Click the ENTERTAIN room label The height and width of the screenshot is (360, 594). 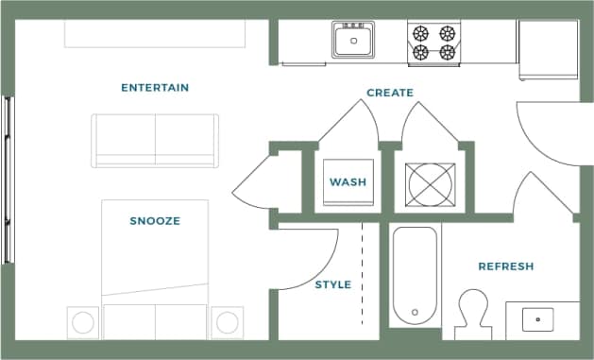(155, 88)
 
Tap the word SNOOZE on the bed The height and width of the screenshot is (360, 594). (155, 221)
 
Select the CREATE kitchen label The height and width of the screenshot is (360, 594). (390, 93)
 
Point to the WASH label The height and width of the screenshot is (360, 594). (347, 181)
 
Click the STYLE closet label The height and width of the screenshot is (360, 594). (332, 284)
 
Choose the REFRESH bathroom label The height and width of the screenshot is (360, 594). (506, 266)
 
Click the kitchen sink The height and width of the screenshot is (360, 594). (354, 41)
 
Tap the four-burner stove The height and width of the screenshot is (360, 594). (433, 43)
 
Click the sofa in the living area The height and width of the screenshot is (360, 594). (155, 140)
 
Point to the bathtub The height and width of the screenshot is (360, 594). (415, 275)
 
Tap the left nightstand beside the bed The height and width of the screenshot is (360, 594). (83, 322)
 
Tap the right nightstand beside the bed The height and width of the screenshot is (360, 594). (227, 322)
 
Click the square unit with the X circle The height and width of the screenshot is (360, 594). (430, 183)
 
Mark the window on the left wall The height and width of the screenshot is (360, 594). (8, 180)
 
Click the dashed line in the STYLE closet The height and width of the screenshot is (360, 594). (364, 269)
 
